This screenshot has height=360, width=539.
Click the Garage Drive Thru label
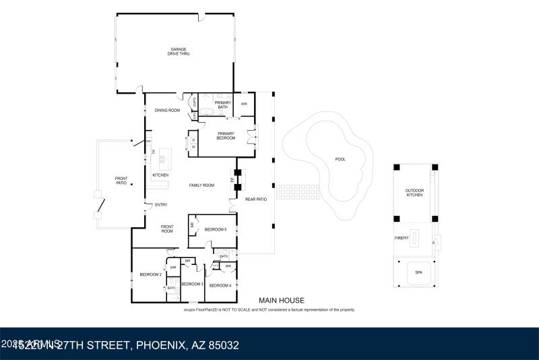click(x=179, y=51)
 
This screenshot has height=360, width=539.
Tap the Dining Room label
click(x=167, y=110)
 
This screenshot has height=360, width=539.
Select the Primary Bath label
click(x=223, y=104)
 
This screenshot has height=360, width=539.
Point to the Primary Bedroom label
click(x=226, y=136)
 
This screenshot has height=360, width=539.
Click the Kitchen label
click(x=160, y=175)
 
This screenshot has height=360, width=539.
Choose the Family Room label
click(x=201, y=185)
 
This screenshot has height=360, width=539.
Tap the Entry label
click(x=161, y=205)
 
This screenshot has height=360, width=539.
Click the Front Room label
click(x=167, y=229)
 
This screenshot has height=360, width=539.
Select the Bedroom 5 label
click(x=216, y=230)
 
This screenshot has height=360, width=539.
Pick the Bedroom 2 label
click(x=150, y=274)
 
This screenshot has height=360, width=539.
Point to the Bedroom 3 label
click(x=192, y=284)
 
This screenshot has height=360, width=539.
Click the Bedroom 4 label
click(x=220, y=286)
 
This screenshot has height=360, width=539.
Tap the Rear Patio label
click(x=256, y=199)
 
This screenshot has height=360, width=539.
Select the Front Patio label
click(x=121, y=181)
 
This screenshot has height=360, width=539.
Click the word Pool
click(x=340, y=160)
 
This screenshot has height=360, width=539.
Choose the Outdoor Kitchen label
click(x=414, y=193)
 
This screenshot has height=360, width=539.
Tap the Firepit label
click(x=402, y=238)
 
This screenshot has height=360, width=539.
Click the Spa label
click(x=418, y=272)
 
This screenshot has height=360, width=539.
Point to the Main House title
click(x=282, y=301)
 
